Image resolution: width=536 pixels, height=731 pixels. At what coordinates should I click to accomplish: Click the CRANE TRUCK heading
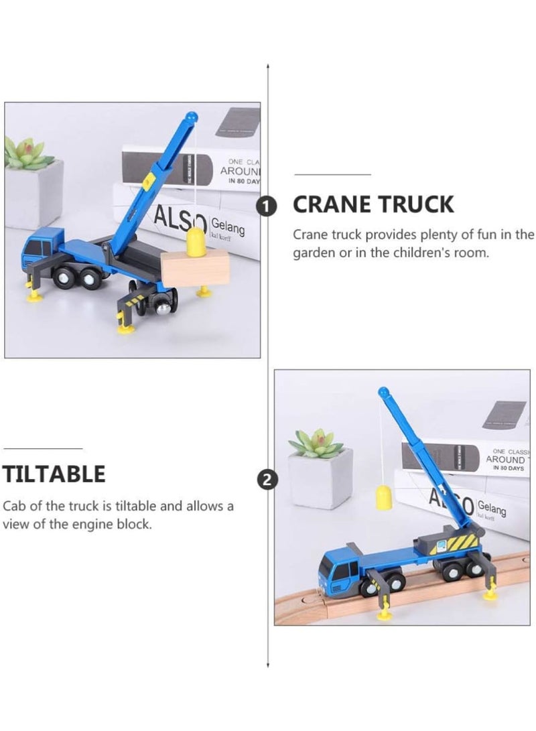tap(373, 204)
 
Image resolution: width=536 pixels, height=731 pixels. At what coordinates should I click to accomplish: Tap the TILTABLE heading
tap(54, 474)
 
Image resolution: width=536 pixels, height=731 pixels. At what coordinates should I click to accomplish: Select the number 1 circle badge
tap(267, 207)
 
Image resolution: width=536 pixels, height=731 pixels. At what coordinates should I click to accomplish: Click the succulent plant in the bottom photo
tap(316, 444)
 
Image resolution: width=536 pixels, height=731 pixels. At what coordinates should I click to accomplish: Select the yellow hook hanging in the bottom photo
tap(383, 499)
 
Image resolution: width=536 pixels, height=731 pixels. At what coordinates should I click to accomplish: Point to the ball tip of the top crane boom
tap(192, 117)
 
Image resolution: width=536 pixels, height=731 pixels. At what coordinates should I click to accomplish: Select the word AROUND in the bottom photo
tap(505, 460)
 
